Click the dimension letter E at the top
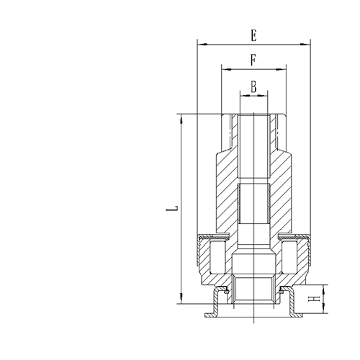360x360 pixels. pyautogui.click(x=254, y=34)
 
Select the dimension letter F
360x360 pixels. pyautogui.click(x=254, y=60)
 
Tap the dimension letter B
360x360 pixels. pyautogui.click(x=254, y=86)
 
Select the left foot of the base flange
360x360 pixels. pyautogui.click(x=210, y=314)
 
